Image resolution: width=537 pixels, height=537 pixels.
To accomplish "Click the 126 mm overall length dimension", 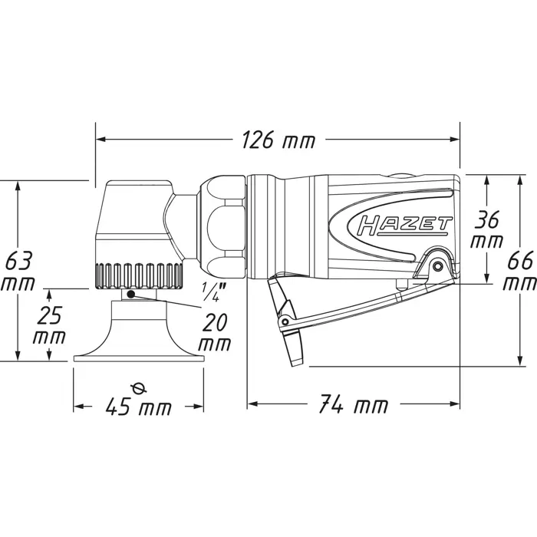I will point(278,140).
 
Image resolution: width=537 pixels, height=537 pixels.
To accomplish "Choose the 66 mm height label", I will point(519,270).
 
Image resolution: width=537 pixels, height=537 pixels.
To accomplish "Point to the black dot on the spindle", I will point(132,294).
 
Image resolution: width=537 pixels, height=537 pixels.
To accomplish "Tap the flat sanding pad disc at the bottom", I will point(139,357).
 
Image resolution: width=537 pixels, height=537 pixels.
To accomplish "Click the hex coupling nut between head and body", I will point(222,222).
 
